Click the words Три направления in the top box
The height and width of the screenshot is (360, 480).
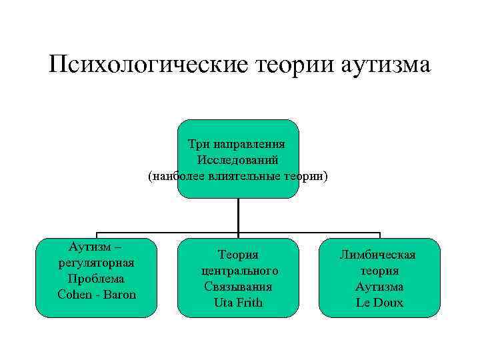(237, 144)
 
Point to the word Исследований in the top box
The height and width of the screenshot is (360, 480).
(237, 160)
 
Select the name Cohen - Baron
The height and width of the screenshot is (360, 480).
(97, 294)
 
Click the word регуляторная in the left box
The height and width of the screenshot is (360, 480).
(97, 262)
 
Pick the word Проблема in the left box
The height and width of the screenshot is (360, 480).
(97, 278)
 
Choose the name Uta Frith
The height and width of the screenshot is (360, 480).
(238, 303)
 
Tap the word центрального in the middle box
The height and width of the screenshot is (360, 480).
(239, 271)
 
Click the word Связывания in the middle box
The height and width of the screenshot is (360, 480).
(238, 287)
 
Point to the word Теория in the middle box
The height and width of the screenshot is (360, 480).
(238, 255)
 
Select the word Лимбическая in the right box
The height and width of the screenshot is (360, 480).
(378, 255)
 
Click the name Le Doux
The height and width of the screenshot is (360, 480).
(379, 303)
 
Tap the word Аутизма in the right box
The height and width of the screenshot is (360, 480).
(379, 287)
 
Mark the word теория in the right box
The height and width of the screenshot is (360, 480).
(379, 271)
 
